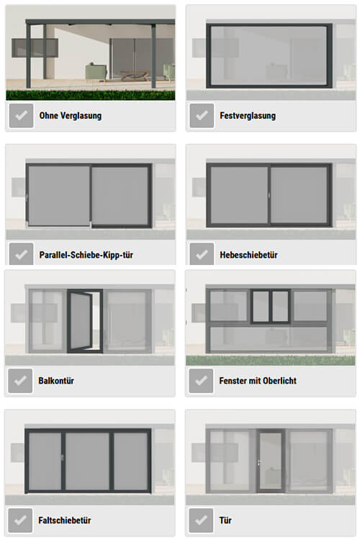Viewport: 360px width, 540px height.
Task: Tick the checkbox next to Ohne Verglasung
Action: click(22, 115)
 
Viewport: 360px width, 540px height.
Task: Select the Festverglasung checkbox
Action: click(202, 115)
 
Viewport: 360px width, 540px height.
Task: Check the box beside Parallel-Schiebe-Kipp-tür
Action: click(22, 254)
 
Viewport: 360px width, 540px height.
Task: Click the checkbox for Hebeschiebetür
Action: click(202, 254)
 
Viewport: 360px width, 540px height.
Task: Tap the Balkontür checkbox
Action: click(20, 381)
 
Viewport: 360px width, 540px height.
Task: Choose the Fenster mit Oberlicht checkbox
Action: click(201, 381)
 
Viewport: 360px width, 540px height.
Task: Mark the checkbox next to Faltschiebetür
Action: click(20, 520)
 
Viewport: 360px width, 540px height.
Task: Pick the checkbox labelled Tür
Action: click(201, 520)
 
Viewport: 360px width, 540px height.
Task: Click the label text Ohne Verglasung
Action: click(71, 116)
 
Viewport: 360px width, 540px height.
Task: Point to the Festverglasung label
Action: click(248, 116)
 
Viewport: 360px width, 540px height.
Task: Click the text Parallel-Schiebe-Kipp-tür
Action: click(86, 255)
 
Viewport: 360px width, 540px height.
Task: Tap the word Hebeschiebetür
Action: click(248, 255)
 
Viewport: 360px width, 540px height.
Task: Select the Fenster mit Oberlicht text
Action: click(258, 381)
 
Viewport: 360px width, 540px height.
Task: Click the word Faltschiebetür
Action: click(65, 520)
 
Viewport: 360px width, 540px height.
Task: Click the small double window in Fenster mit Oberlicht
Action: click(271, 306)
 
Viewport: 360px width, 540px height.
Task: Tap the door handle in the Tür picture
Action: click(259, 462)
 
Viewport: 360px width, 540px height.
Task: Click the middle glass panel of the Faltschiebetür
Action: click(88, 461)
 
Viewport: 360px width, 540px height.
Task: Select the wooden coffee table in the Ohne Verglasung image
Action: click(135, 75)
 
